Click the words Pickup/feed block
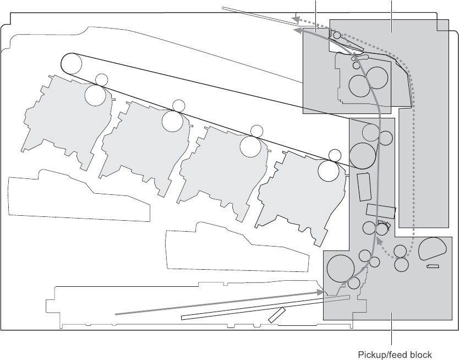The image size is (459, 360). point(395,354)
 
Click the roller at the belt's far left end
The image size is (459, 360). point(71,63)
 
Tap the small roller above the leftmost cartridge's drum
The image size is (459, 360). point(101,79)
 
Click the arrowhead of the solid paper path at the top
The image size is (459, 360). point(297,32)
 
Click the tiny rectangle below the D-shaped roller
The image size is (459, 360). point(433,266)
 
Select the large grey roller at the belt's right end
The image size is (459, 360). point(362,155)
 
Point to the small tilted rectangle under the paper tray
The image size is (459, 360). point(276,314)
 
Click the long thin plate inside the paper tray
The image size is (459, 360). point(265,308)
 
